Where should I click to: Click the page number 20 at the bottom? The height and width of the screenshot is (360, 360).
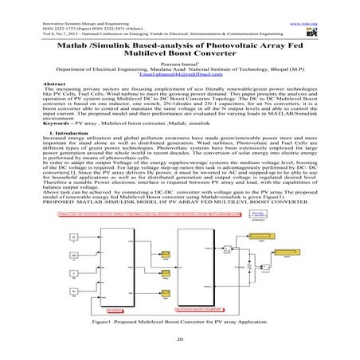(179, 337)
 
